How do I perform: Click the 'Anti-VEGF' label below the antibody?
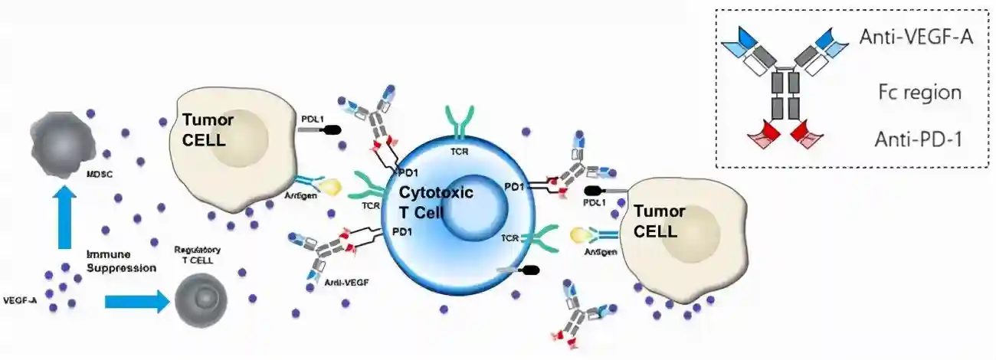(347, 283)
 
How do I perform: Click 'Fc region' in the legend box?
(919, 93)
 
